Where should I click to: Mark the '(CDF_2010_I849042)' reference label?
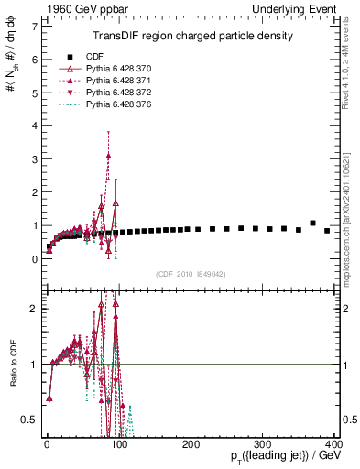[x=191, y=274]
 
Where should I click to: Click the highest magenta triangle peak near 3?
[x=108, y=157]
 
